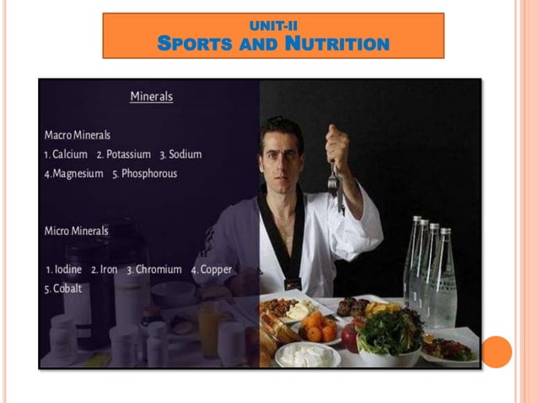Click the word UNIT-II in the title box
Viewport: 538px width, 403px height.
[273, 26]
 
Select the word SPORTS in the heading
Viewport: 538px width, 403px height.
[193, 43]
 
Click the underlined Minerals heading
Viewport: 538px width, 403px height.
[151, 97]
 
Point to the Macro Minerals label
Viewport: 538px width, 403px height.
[78, 135]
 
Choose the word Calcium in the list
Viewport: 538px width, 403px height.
[69, 154]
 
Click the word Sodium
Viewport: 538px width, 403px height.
[185, 154]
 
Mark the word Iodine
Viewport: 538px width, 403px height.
[67, 270]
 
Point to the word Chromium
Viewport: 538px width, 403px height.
[159, 270]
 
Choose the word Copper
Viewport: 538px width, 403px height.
[216, 270]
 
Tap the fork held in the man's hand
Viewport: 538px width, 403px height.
[335, 182]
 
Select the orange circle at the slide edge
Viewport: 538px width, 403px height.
[497, 352]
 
